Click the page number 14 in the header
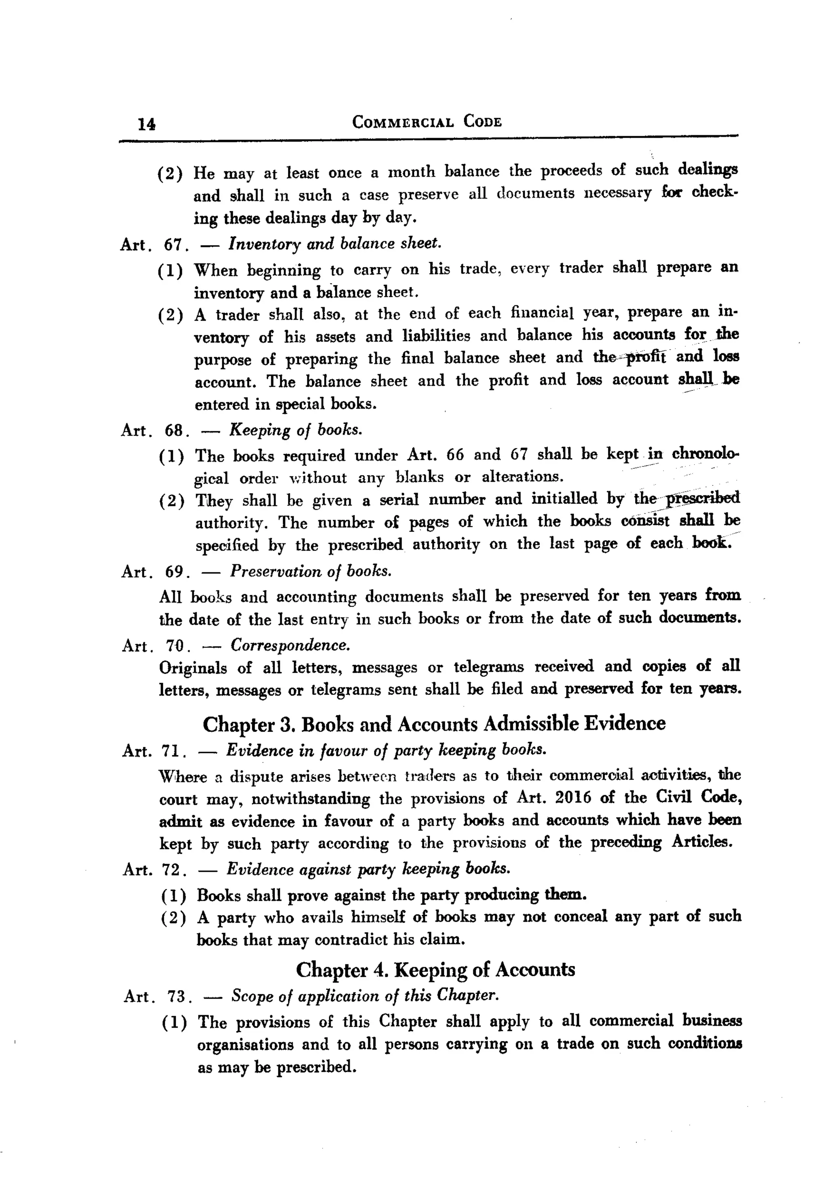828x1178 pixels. click(x=146, y=124)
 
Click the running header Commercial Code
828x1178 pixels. click(x=427, y=122)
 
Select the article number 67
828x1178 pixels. click(x=173, y=245)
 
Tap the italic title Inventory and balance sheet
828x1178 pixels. click(x=335, y=243)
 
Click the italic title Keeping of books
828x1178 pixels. click(x=296, y=430)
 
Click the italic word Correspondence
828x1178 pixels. click(x=290, y=645)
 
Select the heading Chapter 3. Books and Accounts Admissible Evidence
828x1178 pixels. click(x=434, y=724)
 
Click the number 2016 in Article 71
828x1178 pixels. click(x=573, y=797)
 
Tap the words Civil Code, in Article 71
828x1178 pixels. click(x=698, y=797)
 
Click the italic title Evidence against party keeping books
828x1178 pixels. click(x=368, y=868)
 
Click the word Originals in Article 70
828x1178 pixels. click(x=193, y=668)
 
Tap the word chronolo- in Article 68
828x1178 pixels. click(x=705, y=454)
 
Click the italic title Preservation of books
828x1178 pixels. click(x=310, y=571)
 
